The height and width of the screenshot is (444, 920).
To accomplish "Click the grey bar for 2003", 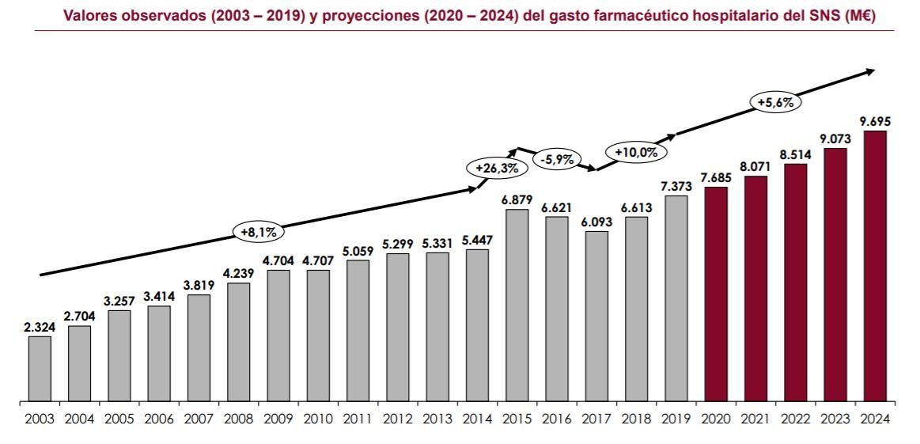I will pyautogui.click(x=40, y=369).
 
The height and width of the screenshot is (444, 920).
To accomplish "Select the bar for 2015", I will pyautogui.click(x=517, y=305).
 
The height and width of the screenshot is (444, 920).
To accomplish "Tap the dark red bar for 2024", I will pyautogui.click(x=874, y=266).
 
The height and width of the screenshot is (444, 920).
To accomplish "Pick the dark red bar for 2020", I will pyautogui.click(x=716, y=294).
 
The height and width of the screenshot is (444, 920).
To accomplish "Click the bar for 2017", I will pyautogui.click(x=596, y=317).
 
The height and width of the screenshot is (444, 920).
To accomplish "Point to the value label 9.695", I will pyautogui.click(x=874, y=121).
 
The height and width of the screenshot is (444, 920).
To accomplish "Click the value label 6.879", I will pyautogui.click(x=517, y=199).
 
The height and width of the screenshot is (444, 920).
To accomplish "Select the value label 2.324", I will pyautogui.click(x=40, y=326).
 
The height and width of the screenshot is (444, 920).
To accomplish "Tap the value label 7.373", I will pyautogui.click(x=676, y=186).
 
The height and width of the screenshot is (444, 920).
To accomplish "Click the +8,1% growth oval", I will pyautogui.click(x=258, y=232).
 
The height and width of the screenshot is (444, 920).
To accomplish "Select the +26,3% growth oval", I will pyautogui.click(x=496, y=169).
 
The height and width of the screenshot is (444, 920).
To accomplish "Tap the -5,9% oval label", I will pyautogui.click(x=556, y=159).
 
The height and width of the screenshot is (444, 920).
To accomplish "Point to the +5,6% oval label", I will pyautogui.click(x=775, y=102).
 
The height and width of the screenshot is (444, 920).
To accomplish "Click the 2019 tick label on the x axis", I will pyautogui.click(x=676, y=419).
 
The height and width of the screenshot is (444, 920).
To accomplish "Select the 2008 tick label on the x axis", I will pyautogui.click(x=239, y=419).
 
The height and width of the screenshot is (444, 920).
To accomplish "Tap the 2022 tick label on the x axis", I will pyautogui.click(x=795, y=419).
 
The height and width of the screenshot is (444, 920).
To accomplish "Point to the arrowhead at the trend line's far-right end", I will pyautogui.click(x=871, y=71).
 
